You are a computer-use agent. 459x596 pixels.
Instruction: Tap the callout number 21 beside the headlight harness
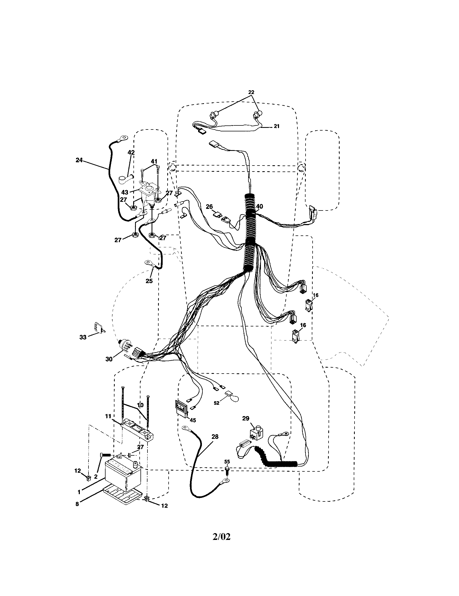tap(277, 126)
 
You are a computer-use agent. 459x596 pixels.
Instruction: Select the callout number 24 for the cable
tap(79, 160)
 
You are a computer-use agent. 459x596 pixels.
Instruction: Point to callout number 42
tap(131, 153)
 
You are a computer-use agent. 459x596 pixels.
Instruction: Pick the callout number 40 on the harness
tap(260, 206)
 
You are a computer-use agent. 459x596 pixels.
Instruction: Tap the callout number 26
tap(209, 207)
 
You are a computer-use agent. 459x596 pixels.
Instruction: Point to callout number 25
tap(149, 281)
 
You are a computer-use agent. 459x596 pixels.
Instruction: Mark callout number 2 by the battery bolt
tap(96, 477)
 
